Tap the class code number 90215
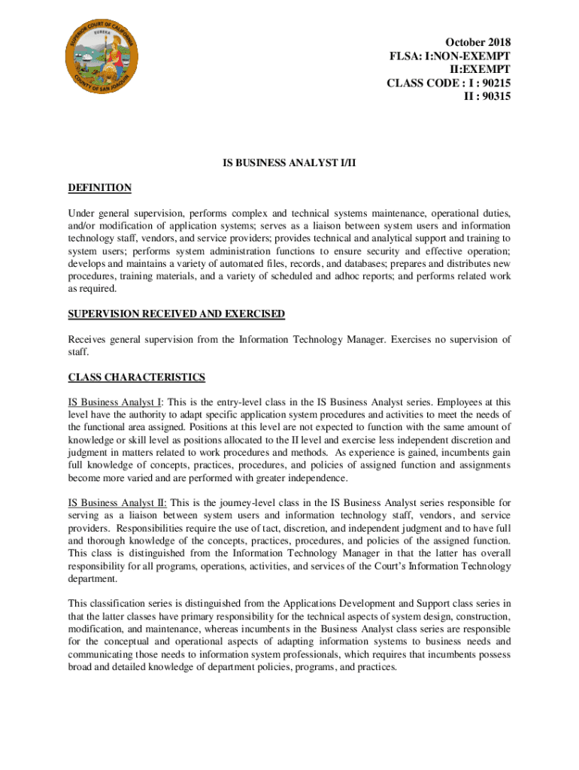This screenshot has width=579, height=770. (x=496, y=83)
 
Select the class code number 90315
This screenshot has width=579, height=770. (x=496, y=96)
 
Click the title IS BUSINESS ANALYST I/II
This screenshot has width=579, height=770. (x=289, y=161)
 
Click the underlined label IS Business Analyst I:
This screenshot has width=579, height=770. (x=115, y=402)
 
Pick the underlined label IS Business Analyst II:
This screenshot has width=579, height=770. (x=117, y=502)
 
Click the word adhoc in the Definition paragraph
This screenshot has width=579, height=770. (x=372, y=276)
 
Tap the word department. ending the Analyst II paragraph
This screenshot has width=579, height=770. (x=93, y=579)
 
